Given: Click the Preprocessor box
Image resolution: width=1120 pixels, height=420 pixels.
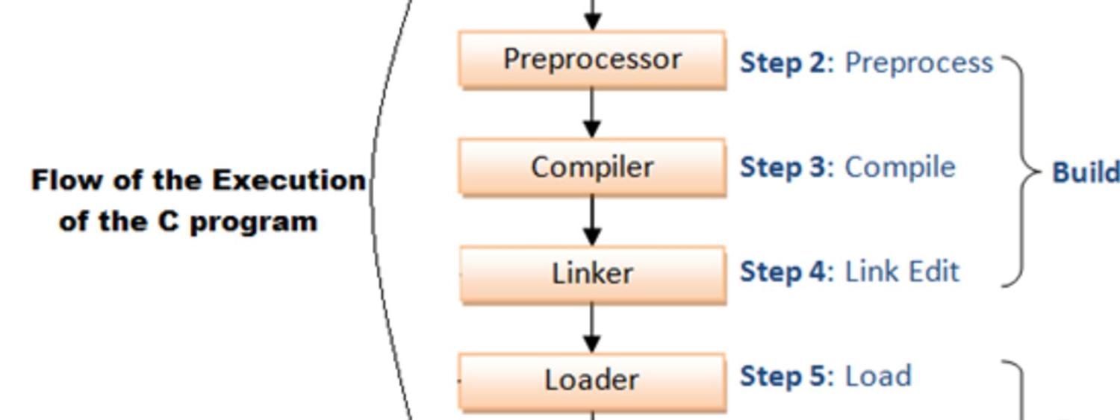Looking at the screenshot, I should pyautogui.click(x=592, y=60).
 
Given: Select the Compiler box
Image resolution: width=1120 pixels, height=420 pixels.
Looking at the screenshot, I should pyautogui.click(x=592, y=167).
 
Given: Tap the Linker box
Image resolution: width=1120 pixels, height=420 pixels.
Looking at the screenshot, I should pyautogui.click(x=592, y=274).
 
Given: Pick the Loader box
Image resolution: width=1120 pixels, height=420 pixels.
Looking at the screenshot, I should pyautogui.click(x=592, y=380).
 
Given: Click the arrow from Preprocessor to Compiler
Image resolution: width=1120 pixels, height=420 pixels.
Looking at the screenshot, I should pyautogui.click(x=592, y=114).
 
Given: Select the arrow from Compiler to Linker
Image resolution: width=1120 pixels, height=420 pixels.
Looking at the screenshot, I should pyautogui.click(x=592, y=221).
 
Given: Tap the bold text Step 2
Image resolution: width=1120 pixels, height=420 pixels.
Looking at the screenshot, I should pyautogui.click(x=783, y=63).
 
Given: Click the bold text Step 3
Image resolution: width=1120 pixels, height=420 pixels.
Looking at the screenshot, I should pyautogui.click(x=783, y=168).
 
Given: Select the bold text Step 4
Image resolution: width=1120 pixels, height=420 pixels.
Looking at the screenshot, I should pyautogui.click(x=783, y=272).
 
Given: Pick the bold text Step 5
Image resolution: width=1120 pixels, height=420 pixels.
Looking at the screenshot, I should pyautogui.click(x=783, y=377).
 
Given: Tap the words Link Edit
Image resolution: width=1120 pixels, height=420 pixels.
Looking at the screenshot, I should pyautogui.click(x=902, y=272).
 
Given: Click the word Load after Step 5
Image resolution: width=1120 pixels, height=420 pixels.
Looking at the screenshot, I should pyautogui.click(x=878, y=377).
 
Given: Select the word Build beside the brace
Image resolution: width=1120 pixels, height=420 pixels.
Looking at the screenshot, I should pyautogui.click(x=1086, y=173).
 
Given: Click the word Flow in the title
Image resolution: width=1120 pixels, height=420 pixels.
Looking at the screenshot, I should pyautogui.click(x=58, y=181).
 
